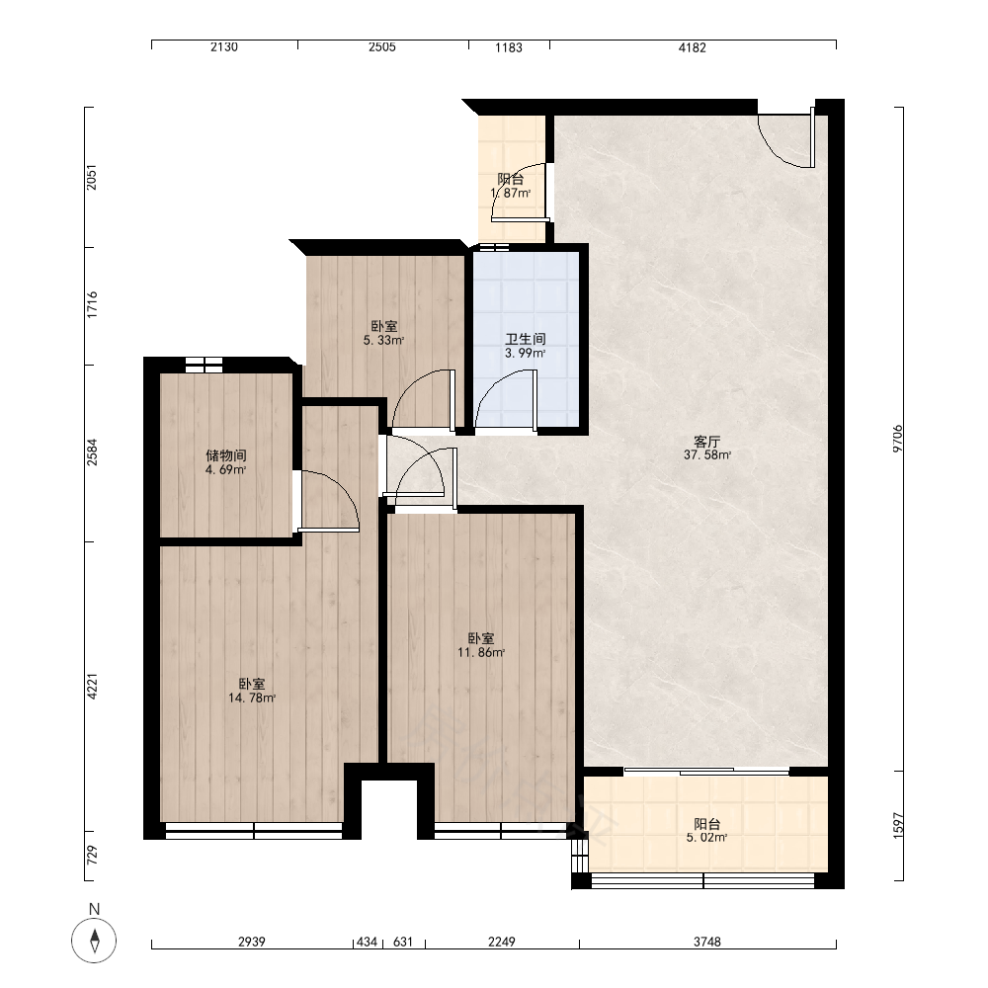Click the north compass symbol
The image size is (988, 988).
pyautogui.click(x=94, y=941)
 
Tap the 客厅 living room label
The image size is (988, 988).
pyautogui.click(x=706, y=442)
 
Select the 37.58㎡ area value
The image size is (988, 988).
pyautogui.click(x=707, y=454)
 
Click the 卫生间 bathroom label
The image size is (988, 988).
pyautogui.click(x=526, y=339)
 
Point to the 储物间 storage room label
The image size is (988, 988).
pyautogui.click(x=225, y=455)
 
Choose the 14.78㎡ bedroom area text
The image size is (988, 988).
pyautogui.click(x=252, y=698)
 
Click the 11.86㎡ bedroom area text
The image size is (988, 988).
pyautogui.click(x=481, y=652)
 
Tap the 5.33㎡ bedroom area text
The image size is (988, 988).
pyautogui.click(x=383, y=340)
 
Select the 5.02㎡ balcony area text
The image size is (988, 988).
pyautogui.click(x=707, y=838)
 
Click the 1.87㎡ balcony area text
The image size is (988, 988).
pyautogui.click(x=511, y=193)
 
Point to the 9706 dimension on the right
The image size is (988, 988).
pyautogui.click(x=897, y=438)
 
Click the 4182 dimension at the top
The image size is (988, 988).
pyautogui.click(x=692, y=47)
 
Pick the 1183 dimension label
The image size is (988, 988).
pyautogui.click(x=509, y=47)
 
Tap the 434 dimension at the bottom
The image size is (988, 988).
pyautogui.click(x=367, y=942)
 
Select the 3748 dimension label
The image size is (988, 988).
pyautogui.click(x=707, y=942)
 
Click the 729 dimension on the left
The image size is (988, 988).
pyautogui.click(x=92, y=855)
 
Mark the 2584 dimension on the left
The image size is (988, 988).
pyautogui.click(x=92, y=452)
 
